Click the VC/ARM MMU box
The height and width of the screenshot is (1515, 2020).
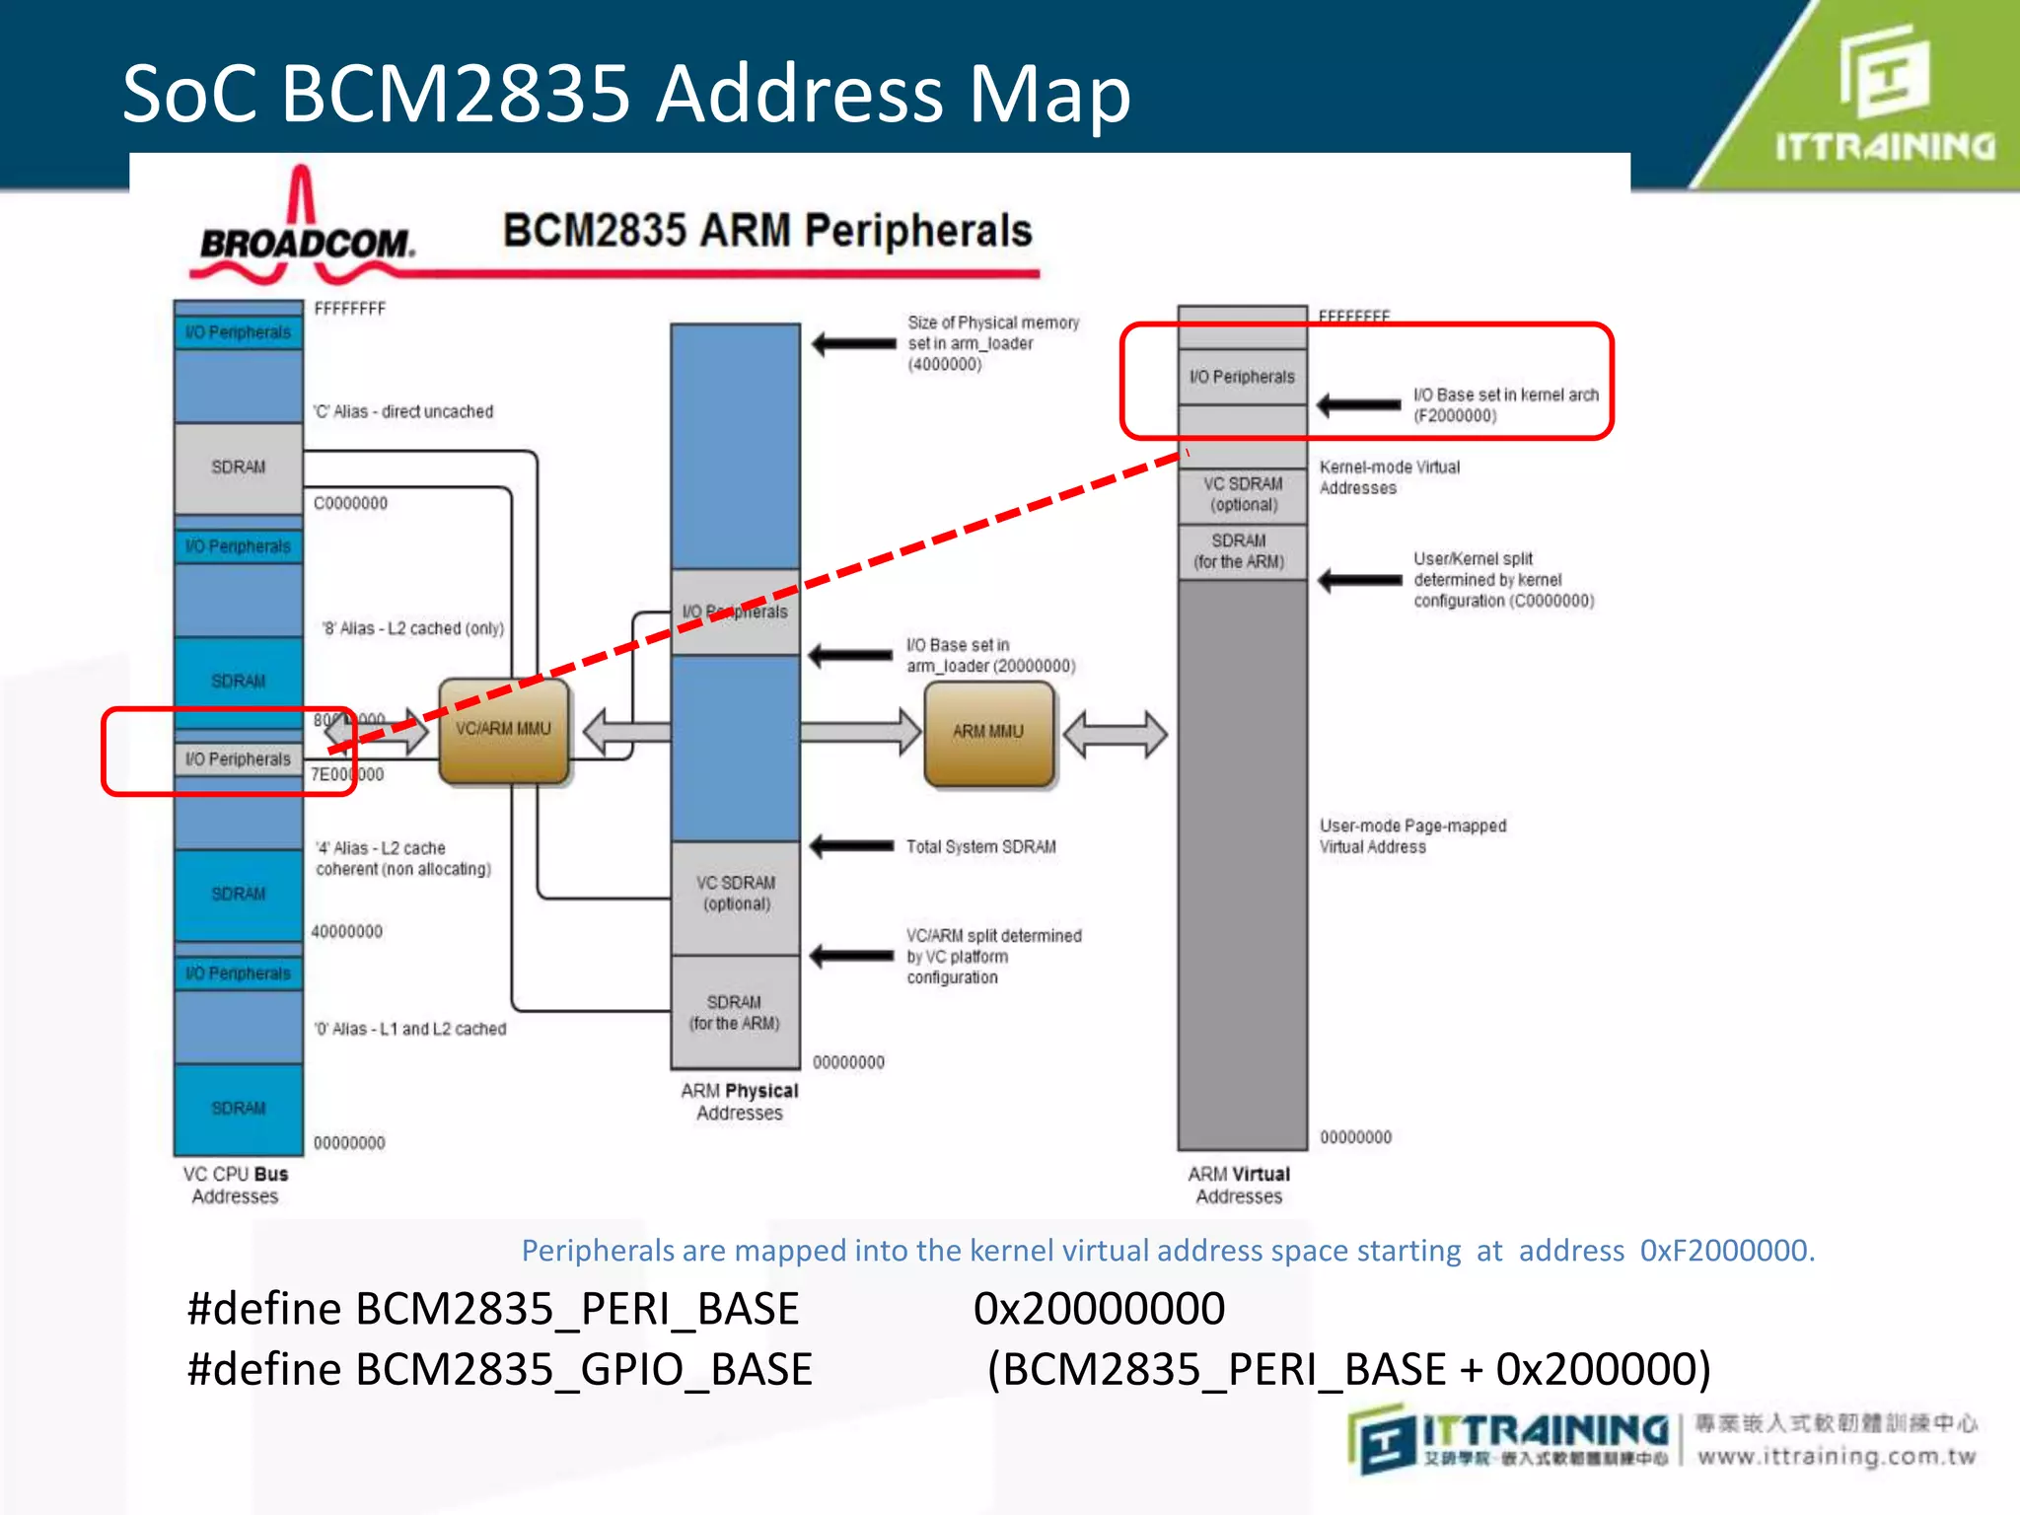pos(503,730)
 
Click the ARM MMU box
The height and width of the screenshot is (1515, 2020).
pos(988,732)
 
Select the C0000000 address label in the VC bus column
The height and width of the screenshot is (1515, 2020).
pos(350,503)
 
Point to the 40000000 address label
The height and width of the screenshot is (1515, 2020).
pos(346,931)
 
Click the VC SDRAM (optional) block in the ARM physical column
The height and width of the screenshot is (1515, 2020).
pos(736,894)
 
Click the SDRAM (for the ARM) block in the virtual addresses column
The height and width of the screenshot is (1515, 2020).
pos(1240,551)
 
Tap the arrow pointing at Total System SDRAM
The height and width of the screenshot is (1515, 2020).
pos(851,846)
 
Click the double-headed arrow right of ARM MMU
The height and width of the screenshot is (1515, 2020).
pos(1115,734)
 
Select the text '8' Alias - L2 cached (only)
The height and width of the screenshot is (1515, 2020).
pos(412,628)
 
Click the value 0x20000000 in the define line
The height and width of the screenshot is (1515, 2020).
pos(1099,1309)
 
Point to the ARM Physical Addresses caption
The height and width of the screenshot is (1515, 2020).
pos(739,1102)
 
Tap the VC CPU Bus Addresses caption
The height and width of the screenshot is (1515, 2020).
pos(235,1185)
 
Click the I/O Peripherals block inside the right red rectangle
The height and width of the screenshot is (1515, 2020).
pos(1242,377)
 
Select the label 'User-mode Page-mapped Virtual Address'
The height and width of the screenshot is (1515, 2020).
pos(1412,836)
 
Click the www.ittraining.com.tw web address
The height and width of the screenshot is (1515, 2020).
pos(1837,1456)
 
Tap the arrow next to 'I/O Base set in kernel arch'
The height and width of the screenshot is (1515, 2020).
pos(1359,404)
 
